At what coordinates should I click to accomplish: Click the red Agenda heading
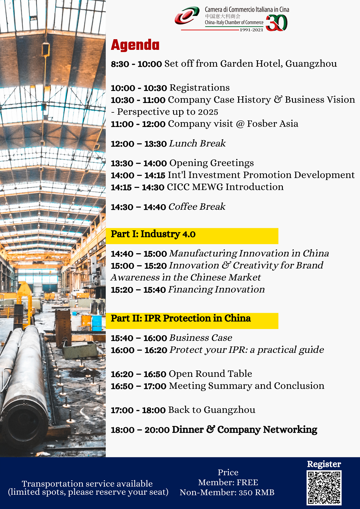click(x=135, y=45)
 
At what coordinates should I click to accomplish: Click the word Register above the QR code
click(x=324, y=464)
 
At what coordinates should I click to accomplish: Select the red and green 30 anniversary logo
click(x=276, y=23)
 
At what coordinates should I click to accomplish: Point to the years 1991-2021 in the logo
click(x=251, y=30)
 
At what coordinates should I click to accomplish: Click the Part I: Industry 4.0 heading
click(x=153, y=234)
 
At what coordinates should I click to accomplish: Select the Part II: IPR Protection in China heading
click(x=181, y=318)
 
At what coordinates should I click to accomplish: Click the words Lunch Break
click(x=197, y=143)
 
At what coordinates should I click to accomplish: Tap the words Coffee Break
click(x=197, y=207)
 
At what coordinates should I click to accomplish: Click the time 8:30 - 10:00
click(x=136, y=64)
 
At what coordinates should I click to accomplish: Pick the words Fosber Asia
click(x=273, y=124)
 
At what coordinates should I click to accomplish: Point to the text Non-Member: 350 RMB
click(x=227, y=492)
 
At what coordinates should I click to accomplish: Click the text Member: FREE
click(x=228, y=483)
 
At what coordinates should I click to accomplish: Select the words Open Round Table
click(x=210, y=374)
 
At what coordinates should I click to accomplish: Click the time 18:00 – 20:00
click(x=140, y=430)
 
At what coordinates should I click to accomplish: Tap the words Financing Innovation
click(x=216, y=289)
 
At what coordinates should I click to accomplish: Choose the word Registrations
click(x=200, y=88)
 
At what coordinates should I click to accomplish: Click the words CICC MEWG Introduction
click(x=225, y=187)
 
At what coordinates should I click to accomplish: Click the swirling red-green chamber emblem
click(x=187, y=15)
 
